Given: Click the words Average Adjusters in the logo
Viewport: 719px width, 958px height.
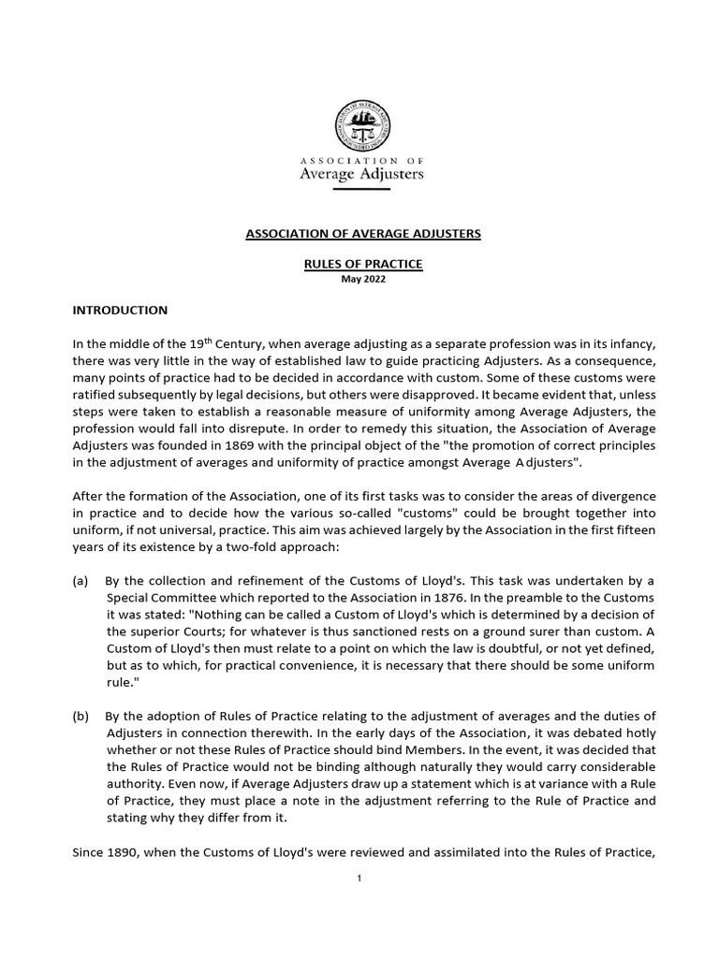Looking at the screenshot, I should click(x=360, y=174).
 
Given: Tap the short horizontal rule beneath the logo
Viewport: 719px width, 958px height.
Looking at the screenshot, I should click(x=360, y=189).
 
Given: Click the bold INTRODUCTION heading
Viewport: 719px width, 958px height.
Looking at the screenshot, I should click(x=120, y=310).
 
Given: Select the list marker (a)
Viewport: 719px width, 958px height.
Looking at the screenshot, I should click(x=81, y=580).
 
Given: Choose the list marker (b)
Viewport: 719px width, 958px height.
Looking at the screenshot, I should click(x=81, y=717).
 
